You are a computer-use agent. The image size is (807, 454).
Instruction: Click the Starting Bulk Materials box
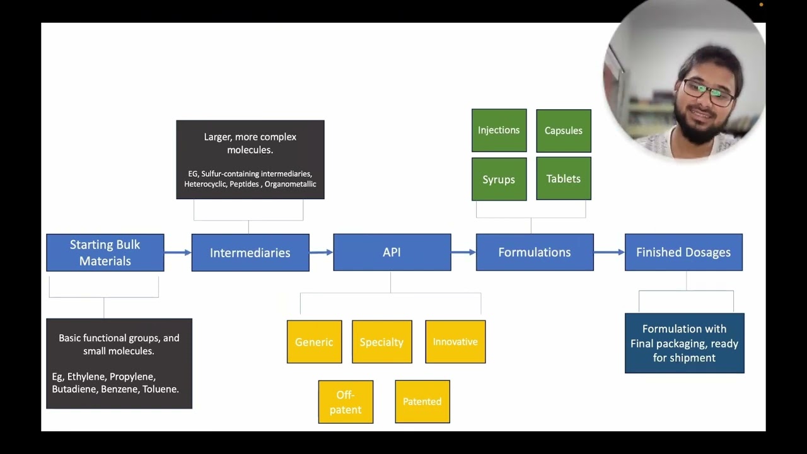[x=105, y=253]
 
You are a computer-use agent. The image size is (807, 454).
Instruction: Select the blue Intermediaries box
[x=250, y=253]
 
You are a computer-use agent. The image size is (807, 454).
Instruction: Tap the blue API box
[x=392, y=252]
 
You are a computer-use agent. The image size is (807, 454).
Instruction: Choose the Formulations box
[x=535, y=252]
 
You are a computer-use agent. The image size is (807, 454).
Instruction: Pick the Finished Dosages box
[x=683, y=252]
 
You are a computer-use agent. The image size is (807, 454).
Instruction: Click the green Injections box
[x=499, y=131]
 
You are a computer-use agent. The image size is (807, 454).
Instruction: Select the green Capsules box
[x=563, y=131]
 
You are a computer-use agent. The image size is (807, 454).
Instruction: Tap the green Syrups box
[x=499, y=180]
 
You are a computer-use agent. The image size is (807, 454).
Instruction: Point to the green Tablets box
[x=563, y=179]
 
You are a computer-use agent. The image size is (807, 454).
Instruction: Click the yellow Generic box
[x=314, y=342]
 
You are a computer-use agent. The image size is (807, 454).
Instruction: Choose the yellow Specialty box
[x=381, y=342]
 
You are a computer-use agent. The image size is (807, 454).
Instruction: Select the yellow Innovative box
[x=455, y=342]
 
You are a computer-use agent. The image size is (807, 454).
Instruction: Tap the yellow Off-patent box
[x=345, y=402]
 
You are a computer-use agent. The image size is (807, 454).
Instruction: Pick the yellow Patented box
[x=422, y=402]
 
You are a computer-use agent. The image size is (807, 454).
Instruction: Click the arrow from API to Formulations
[x=463, y=252]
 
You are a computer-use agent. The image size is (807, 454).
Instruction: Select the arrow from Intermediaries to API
[x=321, y=252]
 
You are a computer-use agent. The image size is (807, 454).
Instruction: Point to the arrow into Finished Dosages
[x=609, y=252]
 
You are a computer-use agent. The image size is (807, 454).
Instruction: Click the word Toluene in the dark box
[x=160, y=389]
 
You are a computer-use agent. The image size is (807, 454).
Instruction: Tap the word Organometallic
[x=290, y=184]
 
